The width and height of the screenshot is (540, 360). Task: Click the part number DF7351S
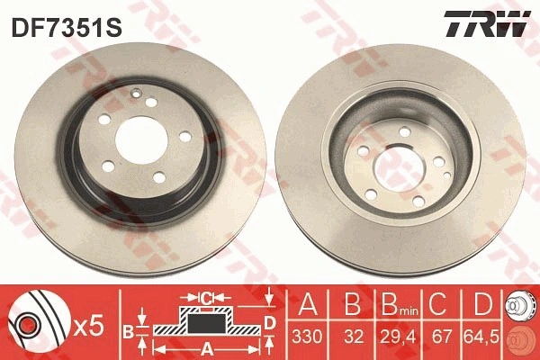(67, 27)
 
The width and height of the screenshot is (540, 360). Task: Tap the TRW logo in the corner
(487, 23)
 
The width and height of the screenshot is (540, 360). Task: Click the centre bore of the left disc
(141, 139)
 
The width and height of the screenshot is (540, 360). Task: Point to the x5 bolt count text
(88, 326)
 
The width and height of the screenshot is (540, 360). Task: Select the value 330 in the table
(307, 337)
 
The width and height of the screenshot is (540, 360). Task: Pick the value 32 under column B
(354, 337)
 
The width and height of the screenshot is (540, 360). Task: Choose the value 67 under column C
(442, 337)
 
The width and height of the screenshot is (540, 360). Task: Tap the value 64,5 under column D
(481, 337)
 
